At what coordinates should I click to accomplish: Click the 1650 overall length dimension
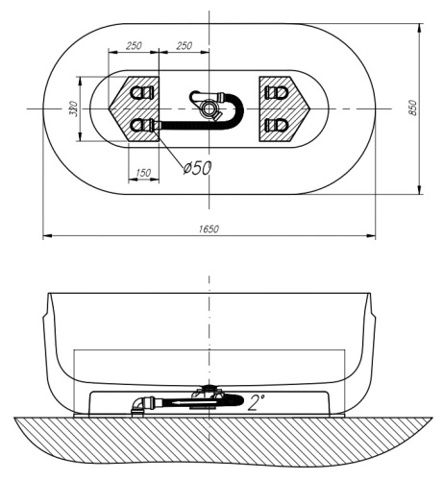pos(209,228)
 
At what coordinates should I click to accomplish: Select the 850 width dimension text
pos(413,108)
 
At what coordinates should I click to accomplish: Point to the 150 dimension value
pos(143,172)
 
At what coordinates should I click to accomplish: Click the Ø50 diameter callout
pos(197,167)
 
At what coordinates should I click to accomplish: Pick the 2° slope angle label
pos(257,403)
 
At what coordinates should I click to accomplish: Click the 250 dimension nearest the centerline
pos(185,45)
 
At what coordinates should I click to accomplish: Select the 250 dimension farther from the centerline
pos(134,45)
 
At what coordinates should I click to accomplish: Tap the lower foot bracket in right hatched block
pos(278,125)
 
